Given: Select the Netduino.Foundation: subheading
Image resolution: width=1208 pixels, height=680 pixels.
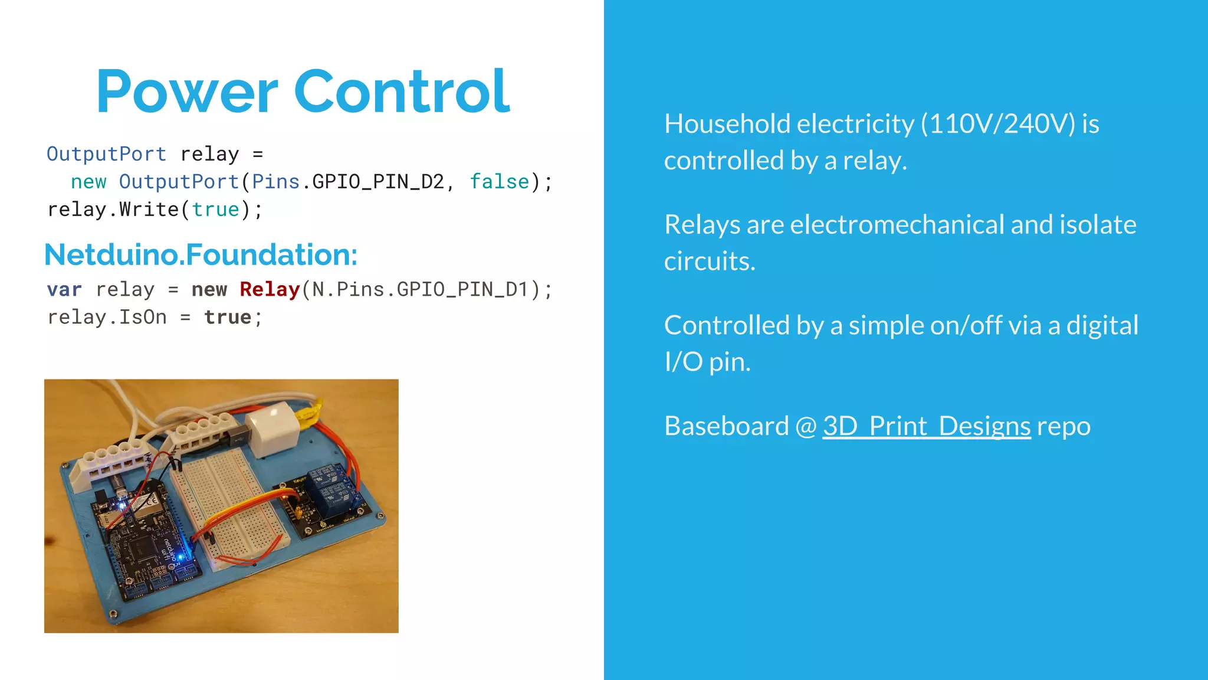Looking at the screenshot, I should point(201,254).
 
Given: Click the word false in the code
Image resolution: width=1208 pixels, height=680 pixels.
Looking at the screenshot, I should point(499,182).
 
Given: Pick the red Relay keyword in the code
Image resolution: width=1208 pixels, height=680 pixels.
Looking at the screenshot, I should point(270,289).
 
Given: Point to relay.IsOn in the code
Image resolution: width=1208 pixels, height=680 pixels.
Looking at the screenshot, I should point(107,318).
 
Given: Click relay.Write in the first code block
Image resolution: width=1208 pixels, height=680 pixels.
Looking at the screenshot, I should point(113,210).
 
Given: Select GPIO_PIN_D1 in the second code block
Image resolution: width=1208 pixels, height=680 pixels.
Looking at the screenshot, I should point(462,289).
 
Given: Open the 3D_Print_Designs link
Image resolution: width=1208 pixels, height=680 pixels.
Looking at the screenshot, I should point(926,426).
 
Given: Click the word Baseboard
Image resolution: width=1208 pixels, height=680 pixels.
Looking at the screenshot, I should point(726,426).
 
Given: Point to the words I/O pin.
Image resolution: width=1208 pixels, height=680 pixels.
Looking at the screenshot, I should point(707,362).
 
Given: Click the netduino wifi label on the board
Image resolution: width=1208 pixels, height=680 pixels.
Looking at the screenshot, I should point(169,552).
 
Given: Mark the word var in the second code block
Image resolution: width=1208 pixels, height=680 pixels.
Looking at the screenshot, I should point(64,289).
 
